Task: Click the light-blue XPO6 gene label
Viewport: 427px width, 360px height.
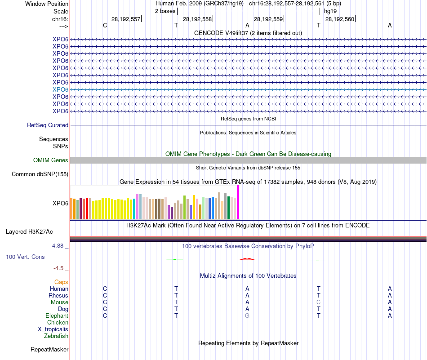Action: click(60, 89)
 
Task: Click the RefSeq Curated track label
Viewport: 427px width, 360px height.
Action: click(48, 125)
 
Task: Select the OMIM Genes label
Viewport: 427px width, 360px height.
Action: click(51, 160)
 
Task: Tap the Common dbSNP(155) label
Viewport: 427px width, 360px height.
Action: click(40, 174)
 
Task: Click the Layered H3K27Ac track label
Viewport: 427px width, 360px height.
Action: click(29, 232)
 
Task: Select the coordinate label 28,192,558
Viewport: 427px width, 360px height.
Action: click(197, 19)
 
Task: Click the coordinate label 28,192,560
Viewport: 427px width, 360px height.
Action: click(339, 19)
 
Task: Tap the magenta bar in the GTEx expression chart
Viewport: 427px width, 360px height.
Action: click(238, 202)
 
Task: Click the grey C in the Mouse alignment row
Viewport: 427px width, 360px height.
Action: click(318, 302)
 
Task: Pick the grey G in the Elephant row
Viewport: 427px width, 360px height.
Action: click(247, 316)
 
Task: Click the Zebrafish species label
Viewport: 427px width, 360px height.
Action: click(56, 336)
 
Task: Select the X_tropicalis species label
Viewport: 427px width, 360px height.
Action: click(53, 329)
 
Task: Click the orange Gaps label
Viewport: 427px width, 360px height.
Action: click(61, 282)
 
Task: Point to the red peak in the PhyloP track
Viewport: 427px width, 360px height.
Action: click(247, 259)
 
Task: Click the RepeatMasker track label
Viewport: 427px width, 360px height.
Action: click(49, 349)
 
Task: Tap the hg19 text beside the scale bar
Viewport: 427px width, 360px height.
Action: click(330, 11)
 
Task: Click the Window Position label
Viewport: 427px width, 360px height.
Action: click(47, 4)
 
